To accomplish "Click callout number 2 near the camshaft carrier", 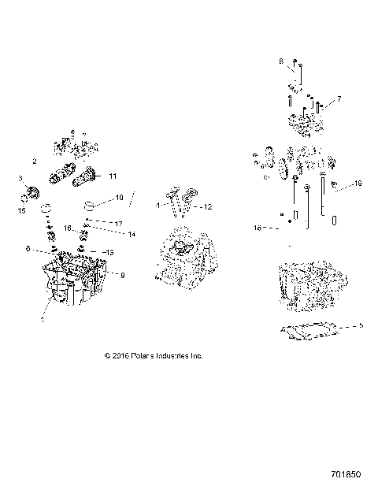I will point(35,161).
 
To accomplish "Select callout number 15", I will point(21,210).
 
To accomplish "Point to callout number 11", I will point(113,176).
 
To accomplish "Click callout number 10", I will point(120,197).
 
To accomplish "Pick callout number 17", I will point(120,224).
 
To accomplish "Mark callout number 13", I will point(109,252).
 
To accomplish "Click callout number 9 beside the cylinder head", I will point(122,274).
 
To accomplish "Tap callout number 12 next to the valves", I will point(208,207).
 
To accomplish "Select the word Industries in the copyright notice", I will point(175,356).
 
